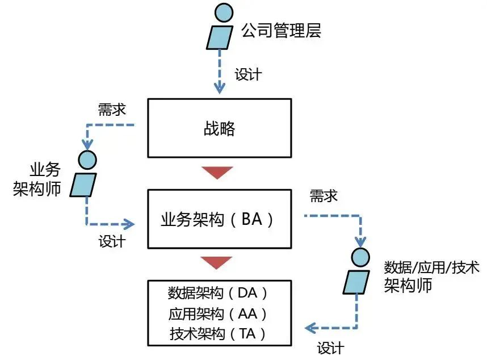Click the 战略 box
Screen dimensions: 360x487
219,128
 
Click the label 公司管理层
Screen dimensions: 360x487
281,30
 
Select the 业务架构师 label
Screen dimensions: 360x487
37,179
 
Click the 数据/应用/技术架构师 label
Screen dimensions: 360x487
425,275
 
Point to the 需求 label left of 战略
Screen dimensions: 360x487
112,110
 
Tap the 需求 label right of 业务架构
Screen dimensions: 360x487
324,196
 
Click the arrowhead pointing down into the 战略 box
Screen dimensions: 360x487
220,89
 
